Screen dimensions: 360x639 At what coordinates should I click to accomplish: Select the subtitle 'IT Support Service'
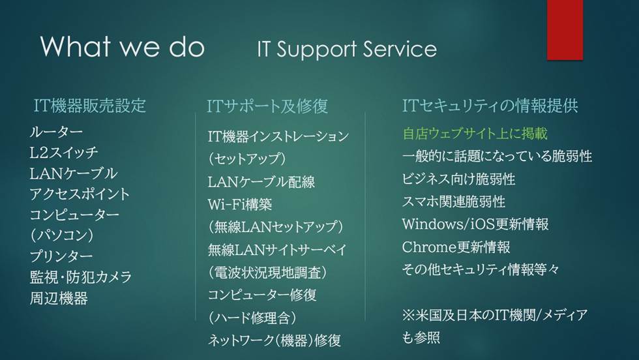(346, 50)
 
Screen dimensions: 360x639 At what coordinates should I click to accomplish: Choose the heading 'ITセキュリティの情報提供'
(490, 106)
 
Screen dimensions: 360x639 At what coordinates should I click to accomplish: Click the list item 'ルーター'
(56, 132)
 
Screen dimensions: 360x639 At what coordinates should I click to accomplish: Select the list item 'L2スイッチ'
(64, 153)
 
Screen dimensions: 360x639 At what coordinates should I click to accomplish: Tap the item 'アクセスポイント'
(80, 194)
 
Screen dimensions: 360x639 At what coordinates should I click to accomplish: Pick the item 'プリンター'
(61, 256)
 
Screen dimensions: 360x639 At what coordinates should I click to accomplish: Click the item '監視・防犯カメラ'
(81, 277)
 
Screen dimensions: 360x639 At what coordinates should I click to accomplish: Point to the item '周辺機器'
(59, 298)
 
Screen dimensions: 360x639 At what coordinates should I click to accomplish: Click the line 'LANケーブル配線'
(261, 182)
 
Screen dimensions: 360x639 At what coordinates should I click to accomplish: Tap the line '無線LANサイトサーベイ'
(277, 249)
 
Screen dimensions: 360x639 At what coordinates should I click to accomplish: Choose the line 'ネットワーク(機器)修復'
(275, 340)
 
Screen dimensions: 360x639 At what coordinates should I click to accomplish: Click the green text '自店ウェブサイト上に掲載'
(474, 134)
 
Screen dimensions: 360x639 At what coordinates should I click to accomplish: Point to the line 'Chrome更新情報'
(456, 247)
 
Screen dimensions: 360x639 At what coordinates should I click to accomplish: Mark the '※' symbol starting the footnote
(408, 316)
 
